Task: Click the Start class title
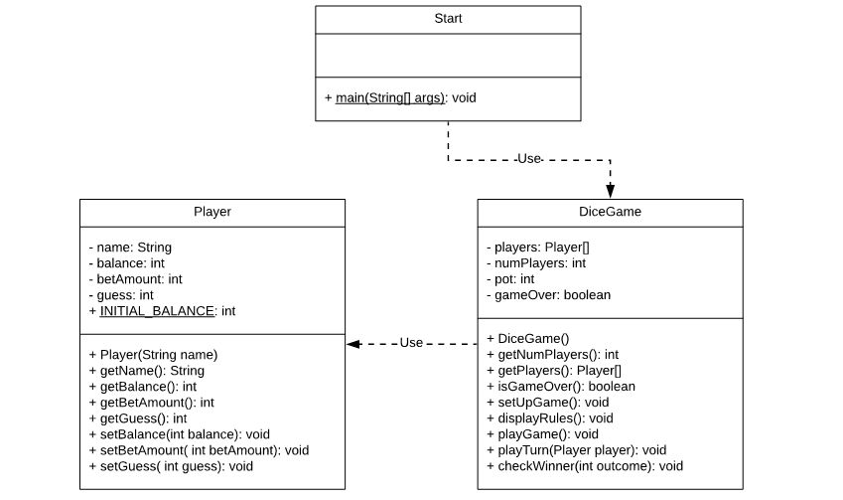[x=448, y=19]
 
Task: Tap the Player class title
[x=212, y=212]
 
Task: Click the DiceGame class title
[x=610, y=212]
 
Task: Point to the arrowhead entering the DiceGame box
[x=610, y=191]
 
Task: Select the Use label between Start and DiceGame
[x=529, y=159]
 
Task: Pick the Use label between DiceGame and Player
[x=411, y=343]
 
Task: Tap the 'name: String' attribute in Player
[x=130, y=248]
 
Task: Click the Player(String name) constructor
[x=153, y=354]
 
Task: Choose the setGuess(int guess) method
[x=171, y=466]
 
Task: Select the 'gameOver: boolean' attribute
[x=548, y=295]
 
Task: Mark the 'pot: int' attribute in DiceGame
[x=510, y=279]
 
